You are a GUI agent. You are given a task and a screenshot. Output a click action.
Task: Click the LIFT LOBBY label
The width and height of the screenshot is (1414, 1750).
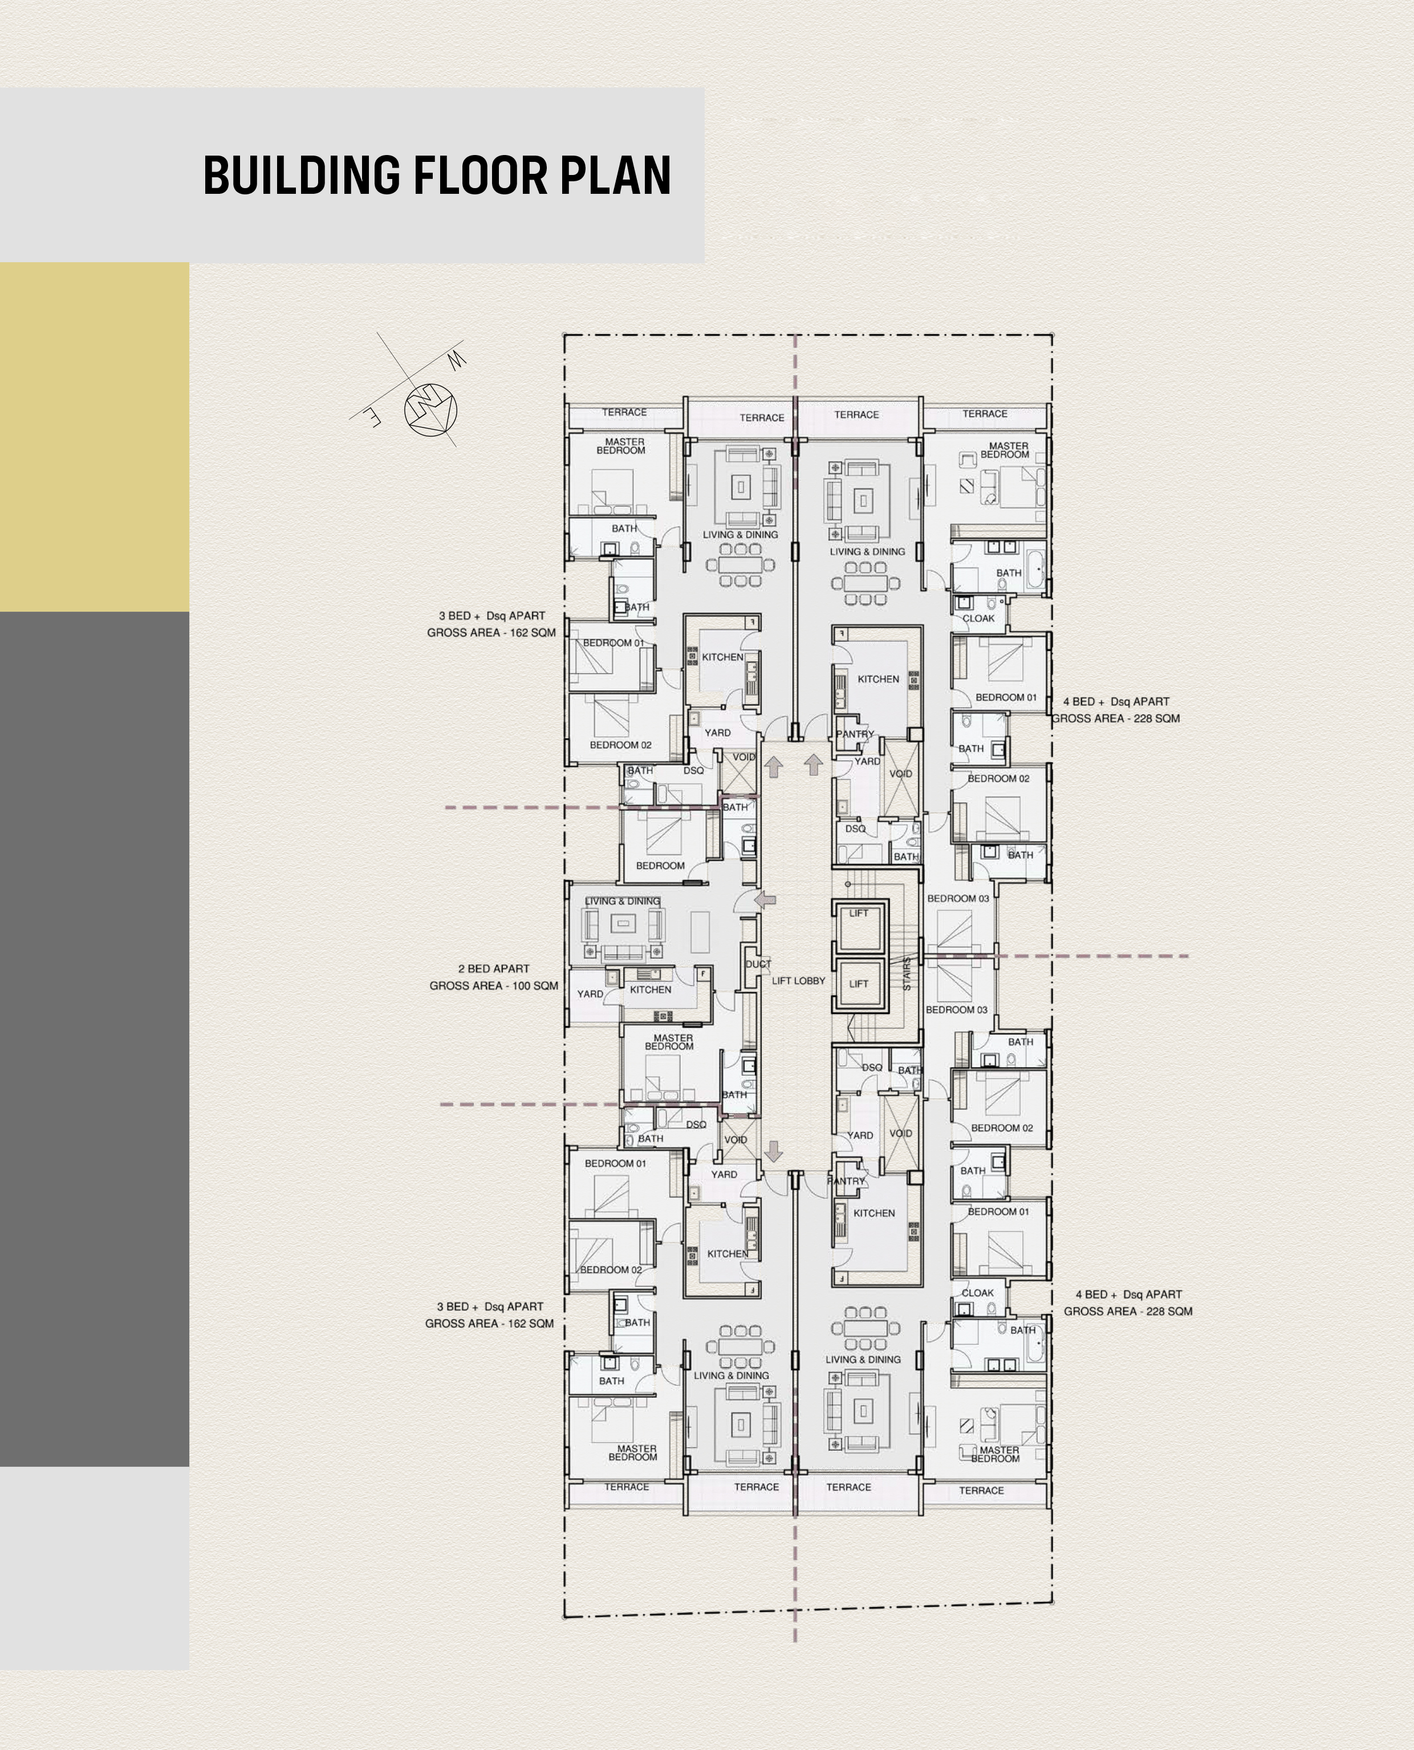point(798,980)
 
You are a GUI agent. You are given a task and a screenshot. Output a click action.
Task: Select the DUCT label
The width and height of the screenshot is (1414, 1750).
point(758,963)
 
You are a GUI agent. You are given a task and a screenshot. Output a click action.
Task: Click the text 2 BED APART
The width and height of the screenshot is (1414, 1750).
point(494,968)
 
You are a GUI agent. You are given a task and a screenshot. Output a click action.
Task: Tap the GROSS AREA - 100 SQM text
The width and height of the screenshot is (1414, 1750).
point(494,986)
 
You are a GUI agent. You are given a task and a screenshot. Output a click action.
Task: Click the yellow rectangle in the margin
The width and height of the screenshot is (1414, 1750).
point(95,437)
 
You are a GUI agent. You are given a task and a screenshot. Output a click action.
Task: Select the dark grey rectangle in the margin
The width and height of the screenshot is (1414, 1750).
point(95,1039)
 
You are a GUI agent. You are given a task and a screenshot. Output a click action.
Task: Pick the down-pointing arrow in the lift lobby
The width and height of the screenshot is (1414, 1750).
point(774,1151)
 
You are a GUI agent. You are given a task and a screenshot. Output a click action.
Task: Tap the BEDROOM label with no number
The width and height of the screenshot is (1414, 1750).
point(660,866)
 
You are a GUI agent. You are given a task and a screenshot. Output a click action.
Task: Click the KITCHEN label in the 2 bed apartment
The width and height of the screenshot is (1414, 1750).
point(650,990)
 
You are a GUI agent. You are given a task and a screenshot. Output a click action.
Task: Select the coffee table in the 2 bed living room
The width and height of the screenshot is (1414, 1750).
point(624,923)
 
